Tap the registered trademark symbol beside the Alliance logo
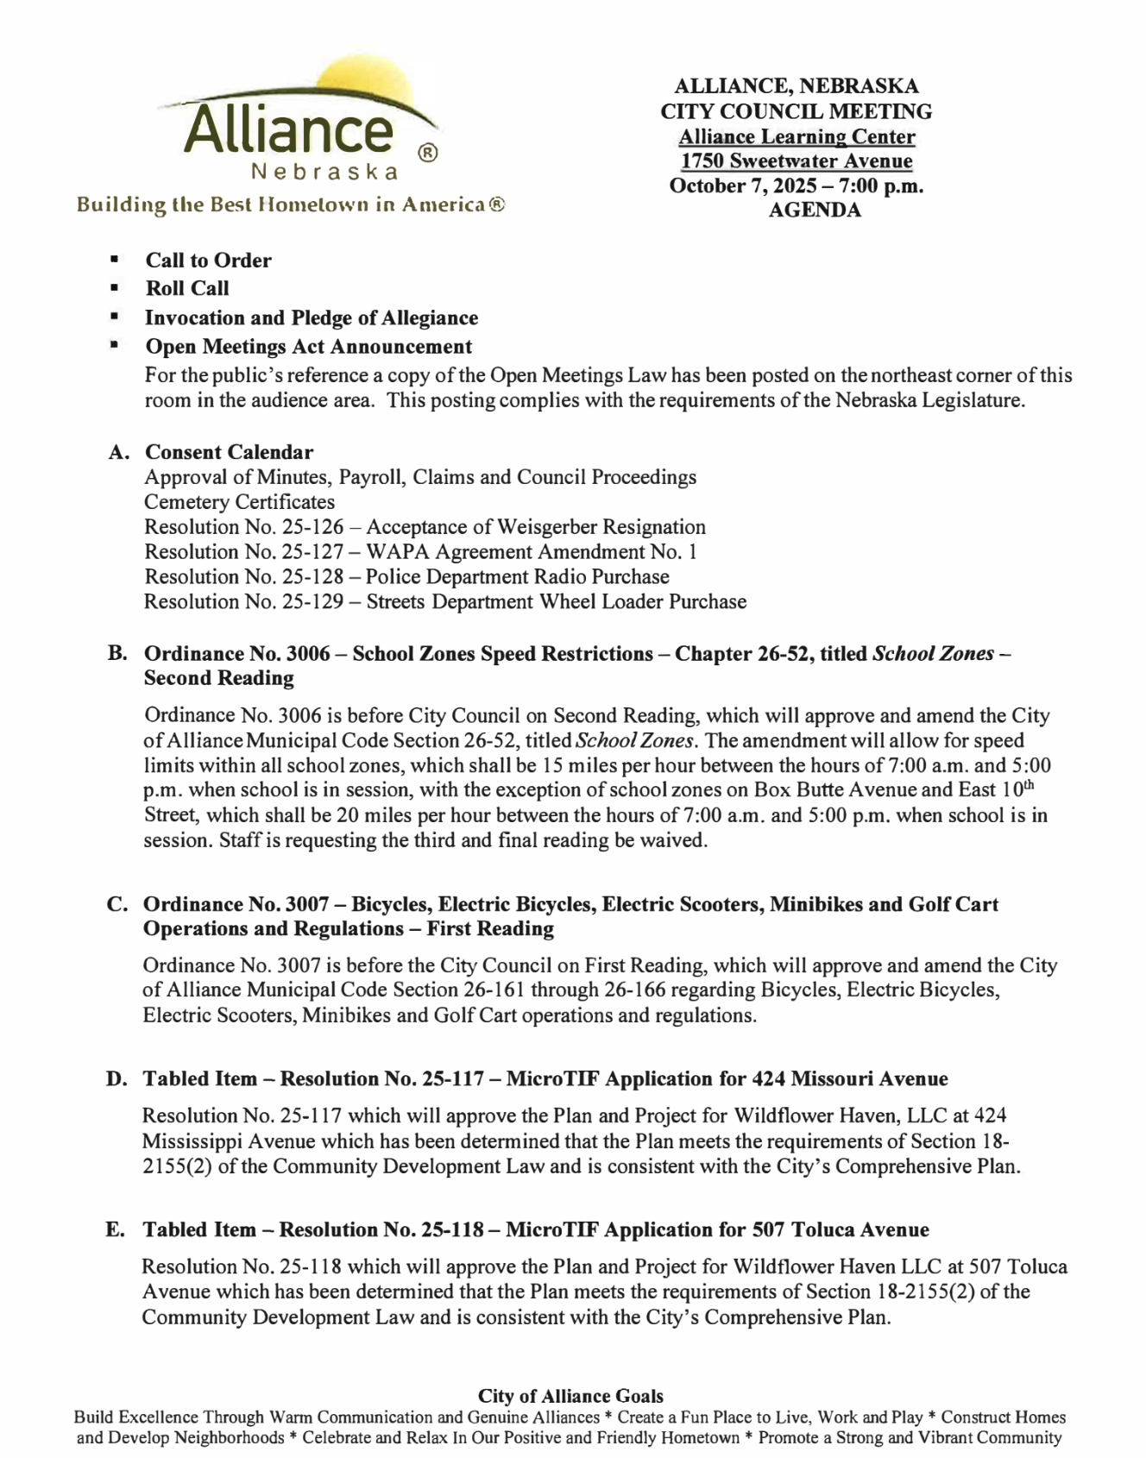click(428, 154)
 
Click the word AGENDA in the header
click(815, 211)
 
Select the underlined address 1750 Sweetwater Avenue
click(796, 161)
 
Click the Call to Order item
click(208, 261)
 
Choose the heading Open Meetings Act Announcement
click(308, 347)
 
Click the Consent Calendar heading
click(229, 452)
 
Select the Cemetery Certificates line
click(239, 502)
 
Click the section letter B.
click(116, 654)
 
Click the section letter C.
click(116, 904)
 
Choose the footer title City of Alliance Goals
click(570, 1396)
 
